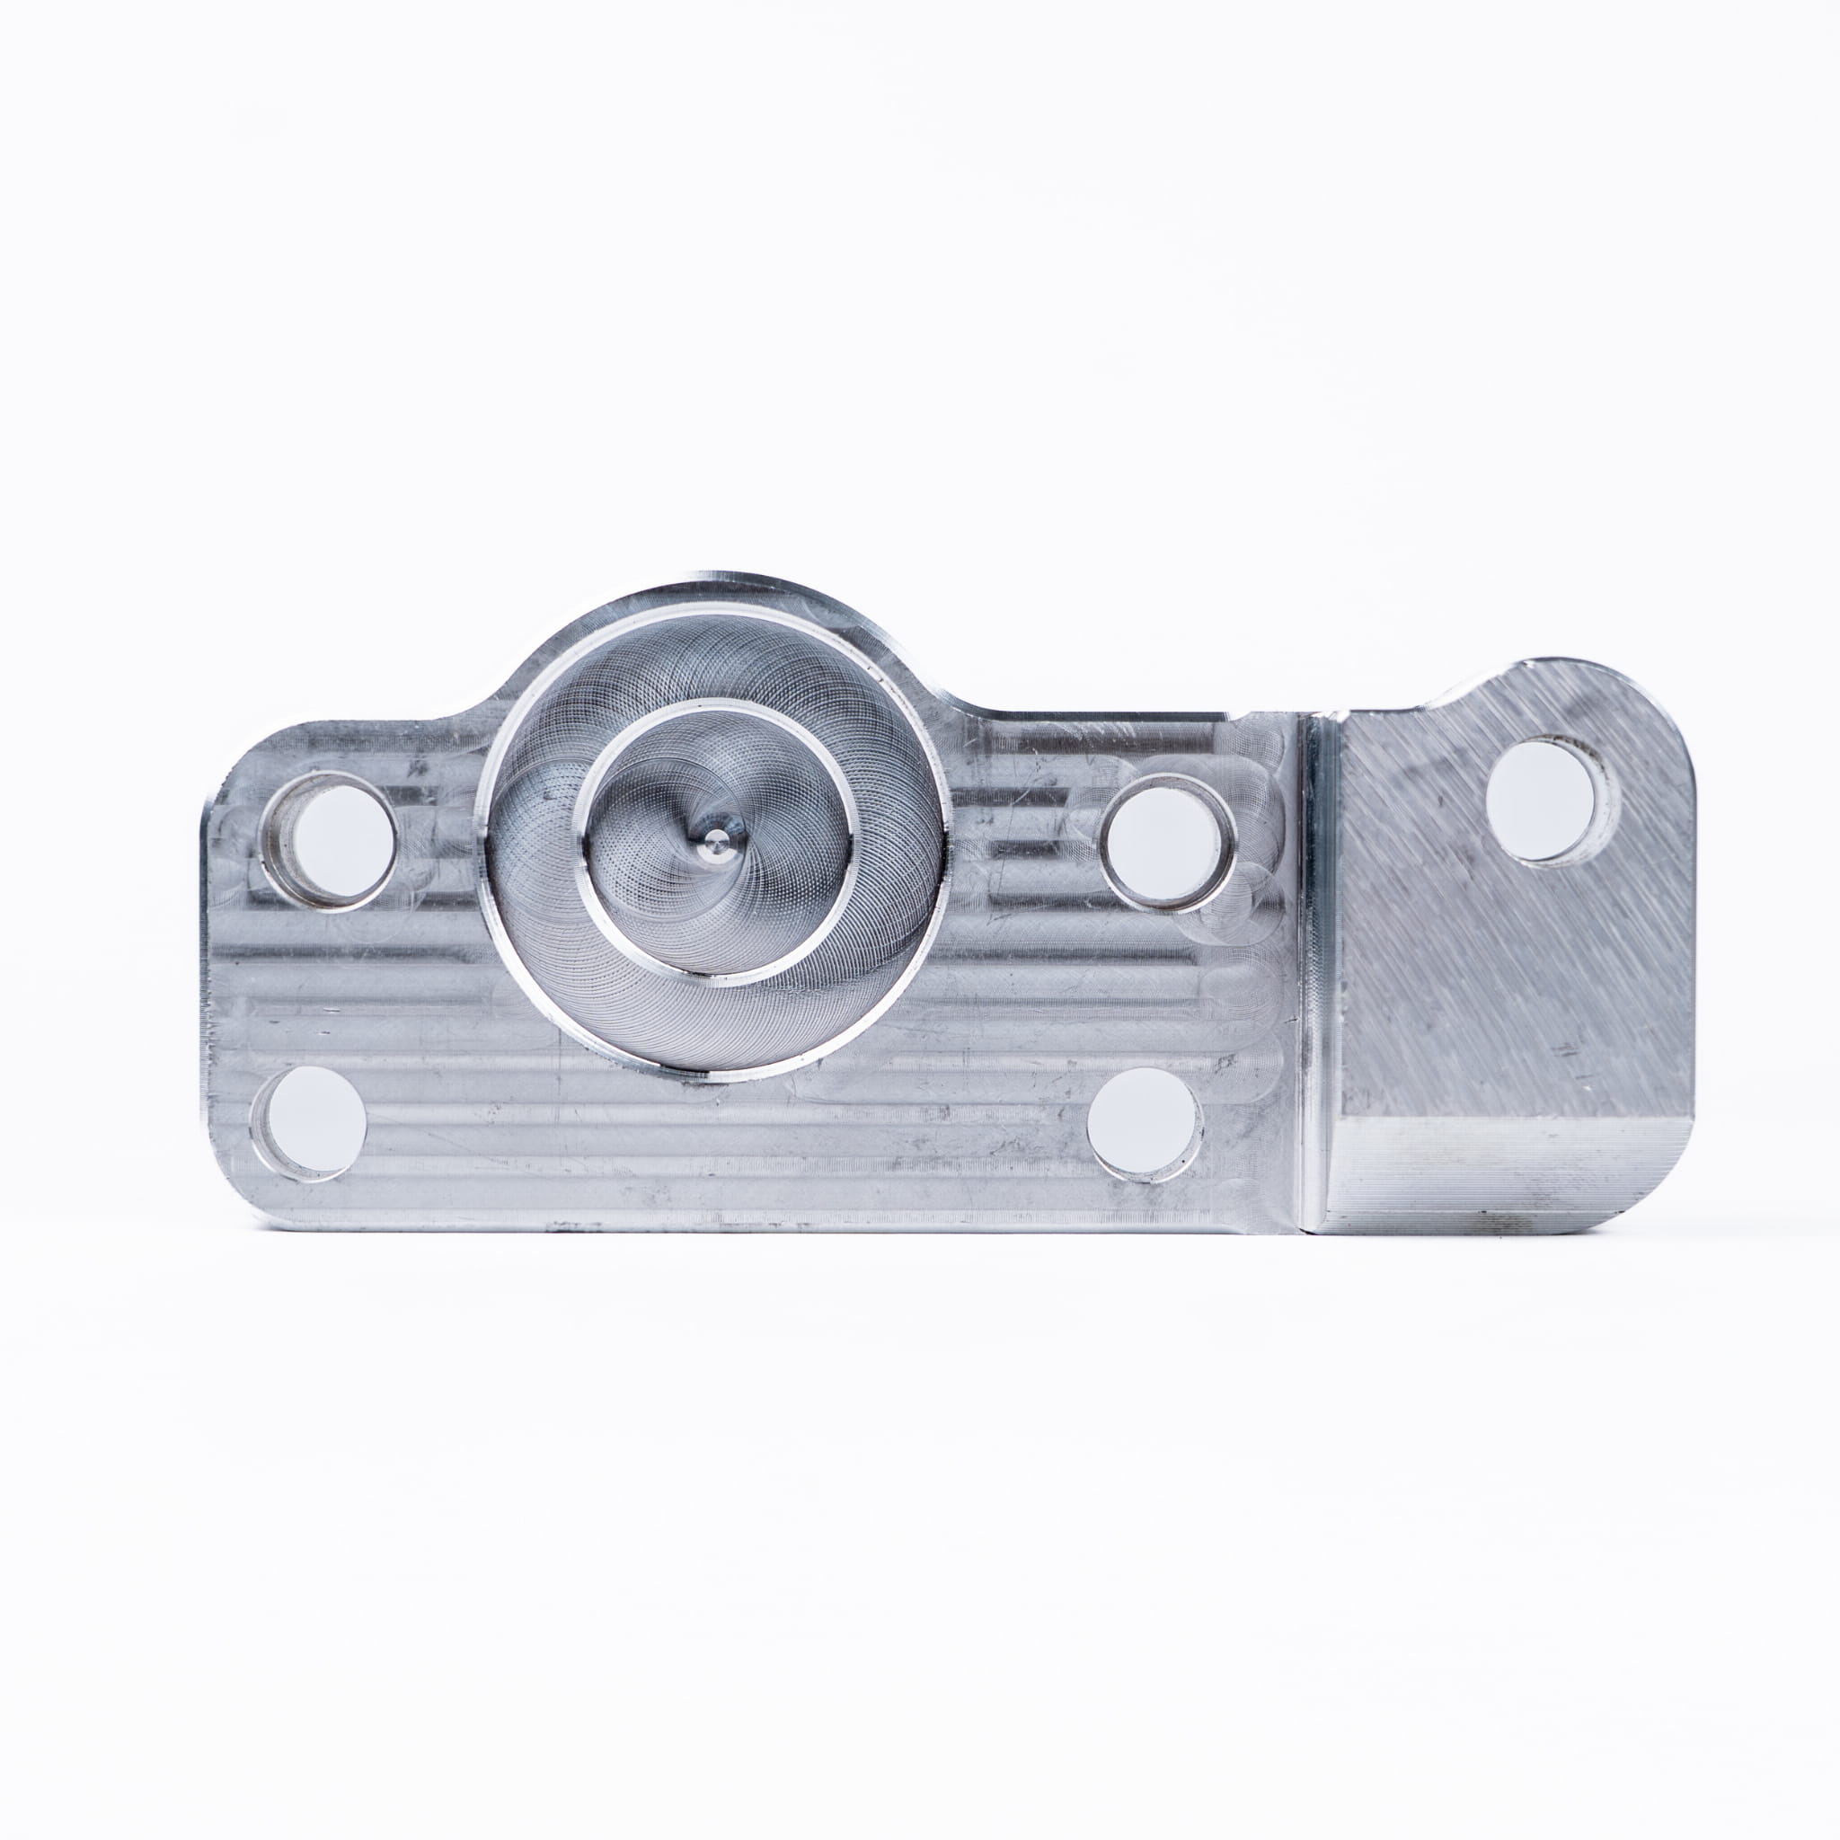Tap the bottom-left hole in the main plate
pos(310,1120)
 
